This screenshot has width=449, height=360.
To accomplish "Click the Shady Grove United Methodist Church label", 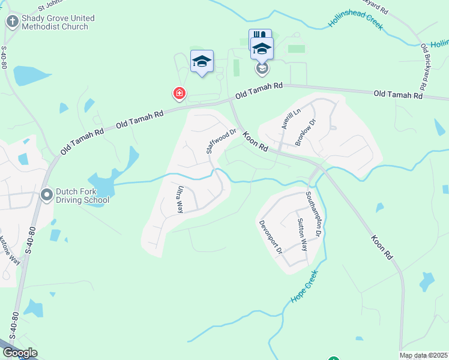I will [x=55, y=22].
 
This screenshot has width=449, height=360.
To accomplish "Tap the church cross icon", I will [x=12, y=22].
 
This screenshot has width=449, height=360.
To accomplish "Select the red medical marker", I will [x=179, y=94].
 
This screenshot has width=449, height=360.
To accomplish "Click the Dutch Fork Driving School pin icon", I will [x=46, y=195].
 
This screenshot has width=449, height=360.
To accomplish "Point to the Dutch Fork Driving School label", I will [x=83, y=196].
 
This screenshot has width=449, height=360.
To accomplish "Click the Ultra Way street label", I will [x=179, y=199].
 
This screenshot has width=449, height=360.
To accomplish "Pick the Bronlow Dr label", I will [x=305, y=133].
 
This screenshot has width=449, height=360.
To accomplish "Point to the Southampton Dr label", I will [x=314, y=213].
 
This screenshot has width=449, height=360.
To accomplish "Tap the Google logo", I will [x=20, y=353].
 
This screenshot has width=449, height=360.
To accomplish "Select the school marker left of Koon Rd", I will [x=202, y=61].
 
